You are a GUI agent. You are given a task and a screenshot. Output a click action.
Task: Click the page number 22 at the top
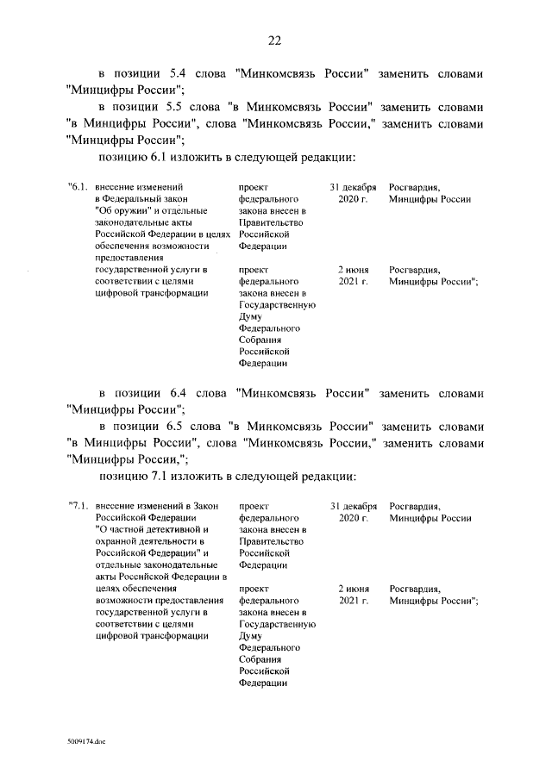coord(275,41)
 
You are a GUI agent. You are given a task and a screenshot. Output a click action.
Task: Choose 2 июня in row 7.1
coord(353,589)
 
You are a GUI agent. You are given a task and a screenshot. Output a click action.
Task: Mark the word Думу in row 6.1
coord(250,316)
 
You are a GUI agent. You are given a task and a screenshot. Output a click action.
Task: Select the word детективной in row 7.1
coord(167,529)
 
